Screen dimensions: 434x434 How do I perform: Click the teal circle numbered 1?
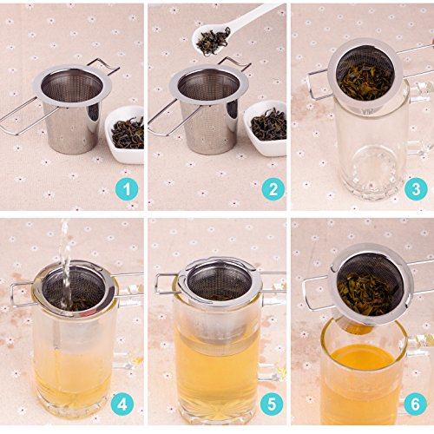(127, 190)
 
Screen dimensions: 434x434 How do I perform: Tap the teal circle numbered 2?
(273, 189)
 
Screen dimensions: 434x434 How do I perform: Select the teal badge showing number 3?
(416, 189)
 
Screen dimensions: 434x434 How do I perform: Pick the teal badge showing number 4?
(122, 404)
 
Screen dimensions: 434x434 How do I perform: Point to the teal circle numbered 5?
(272, 404)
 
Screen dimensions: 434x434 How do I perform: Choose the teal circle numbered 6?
(415, 404)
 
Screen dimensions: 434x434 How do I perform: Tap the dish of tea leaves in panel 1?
(125, 134)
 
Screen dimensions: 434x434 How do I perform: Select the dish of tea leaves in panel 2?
(266, 128)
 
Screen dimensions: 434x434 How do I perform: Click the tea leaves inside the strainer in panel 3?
(366, 82)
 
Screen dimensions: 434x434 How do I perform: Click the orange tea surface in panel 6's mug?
(364, 358)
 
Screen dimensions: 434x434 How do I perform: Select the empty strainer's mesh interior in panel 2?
(209, 84)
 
